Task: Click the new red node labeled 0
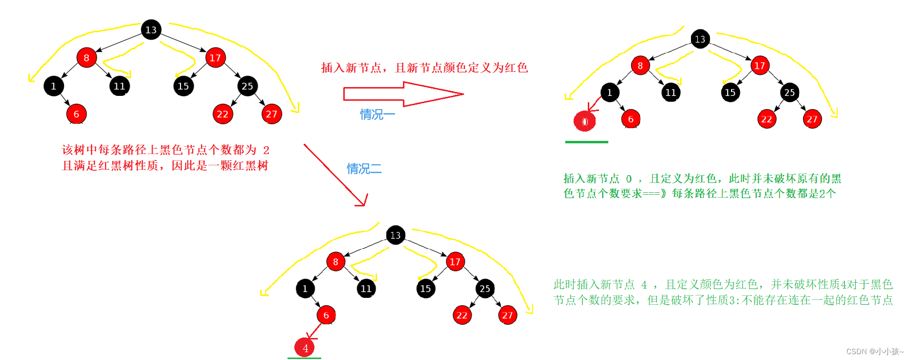pos(584,121)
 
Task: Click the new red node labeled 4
pos(305,348)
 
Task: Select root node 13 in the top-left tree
pos(151,30)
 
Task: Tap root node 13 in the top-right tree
pos(700,39)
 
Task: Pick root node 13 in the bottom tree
pos(395,235)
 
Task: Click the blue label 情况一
pos(377,114)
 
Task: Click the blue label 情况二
pos(364,169)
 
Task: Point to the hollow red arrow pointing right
pos(403,94)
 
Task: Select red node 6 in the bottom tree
pos(326,315)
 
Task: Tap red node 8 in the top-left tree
pos(87,58)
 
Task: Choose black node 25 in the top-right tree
pos(789,92)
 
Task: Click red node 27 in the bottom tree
pos(508,315)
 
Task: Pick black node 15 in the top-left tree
pos(183,86)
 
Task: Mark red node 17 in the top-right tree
pos(759,66)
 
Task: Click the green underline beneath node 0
pos(586,142)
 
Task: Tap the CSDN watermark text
pos(874,351)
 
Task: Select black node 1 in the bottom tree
pos(305,289)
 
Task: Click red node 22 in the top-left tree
pos(222,114)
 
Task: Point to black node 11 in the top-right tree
pos(670,92)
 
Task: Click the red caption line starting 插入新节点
pos(424,67)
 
